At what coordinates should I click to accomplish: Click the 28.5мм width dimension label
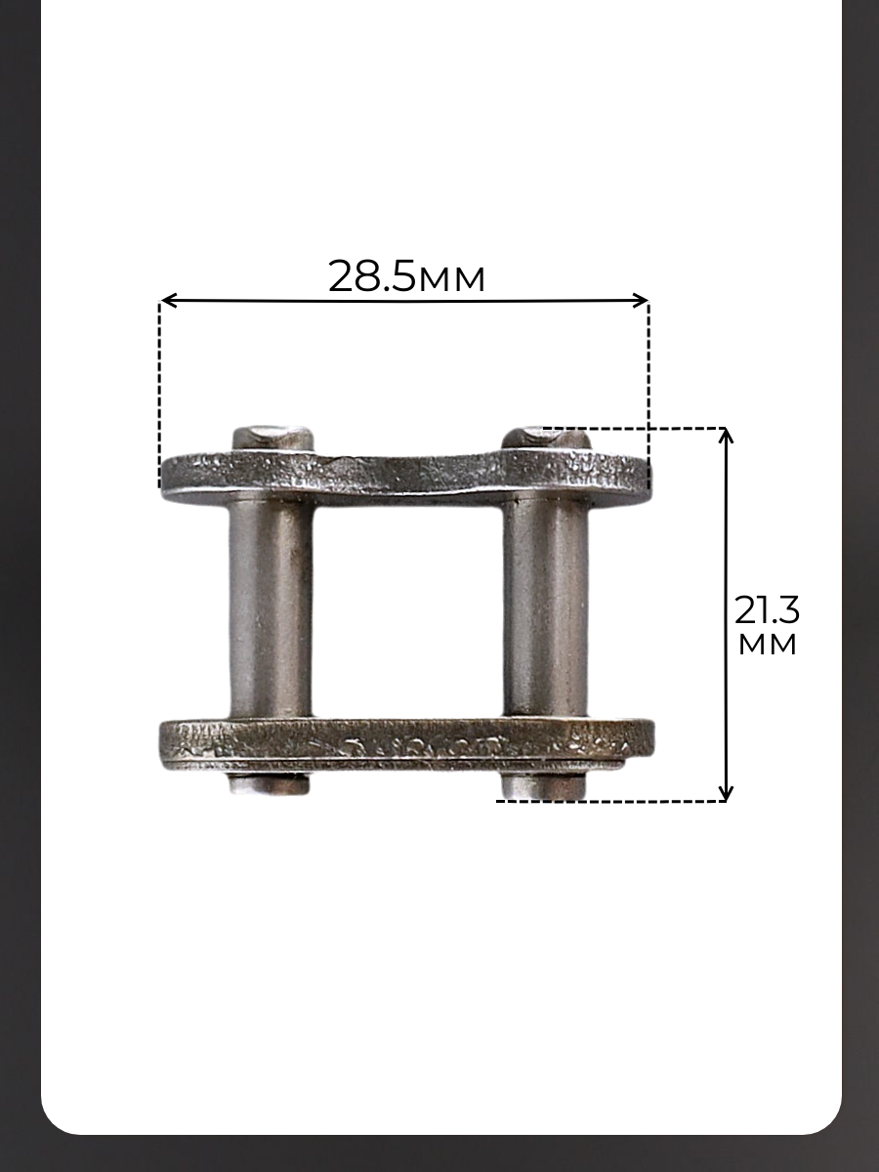(406, 276)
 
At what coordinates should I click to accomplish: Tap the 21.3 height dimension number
(767, 609)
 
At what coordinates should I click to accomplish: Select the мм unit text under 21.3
(768, 645)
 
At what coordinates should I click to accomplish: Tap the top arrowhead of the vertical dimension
(726, 436)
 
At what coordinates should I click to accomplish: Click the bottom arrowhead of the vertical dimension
(726, 792)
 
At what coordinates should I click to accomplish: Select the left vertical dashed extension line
(159, 396)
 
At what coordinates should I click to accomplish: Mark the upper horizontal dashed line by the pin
(634, 428)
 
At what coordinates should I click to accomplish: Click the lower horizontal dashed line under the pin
(611, 801)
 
